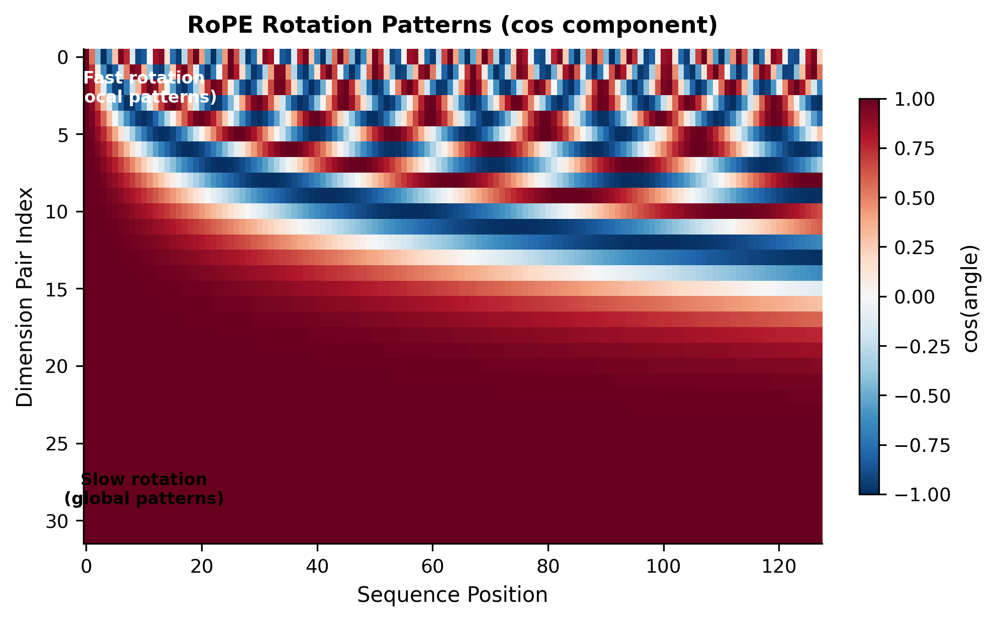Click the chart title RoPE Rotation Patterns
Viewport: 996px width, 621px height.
(x=452, y=25)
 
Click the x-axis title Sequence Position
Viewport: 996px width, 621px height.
(x=452, y=595)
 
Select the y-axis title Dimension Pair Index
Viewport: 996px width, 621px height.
(x=24, y=297)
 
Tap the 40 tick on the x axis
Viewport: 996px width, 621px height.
(x=317, y=567)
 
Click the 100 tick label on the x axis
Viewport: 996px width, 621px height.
(x=664, y=567)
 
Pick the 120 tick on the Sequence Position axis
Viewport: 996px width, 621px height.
(x=779, y=567)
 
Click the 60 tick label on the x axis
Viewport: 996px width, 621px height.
(x=432, y=567)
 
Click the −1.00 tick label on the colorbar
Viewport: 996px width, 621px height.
(x=923, y=495)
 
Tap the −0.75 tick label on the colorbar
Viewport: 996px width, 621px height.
(x=923, y=445)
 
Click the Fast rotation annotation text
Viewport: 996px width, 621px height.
(x=144, y=78)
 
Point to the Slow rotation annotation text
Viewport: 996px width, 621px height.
(x=144, y=480)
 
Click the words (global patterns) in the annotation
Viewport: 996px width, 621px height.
(x=144, y=499)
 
